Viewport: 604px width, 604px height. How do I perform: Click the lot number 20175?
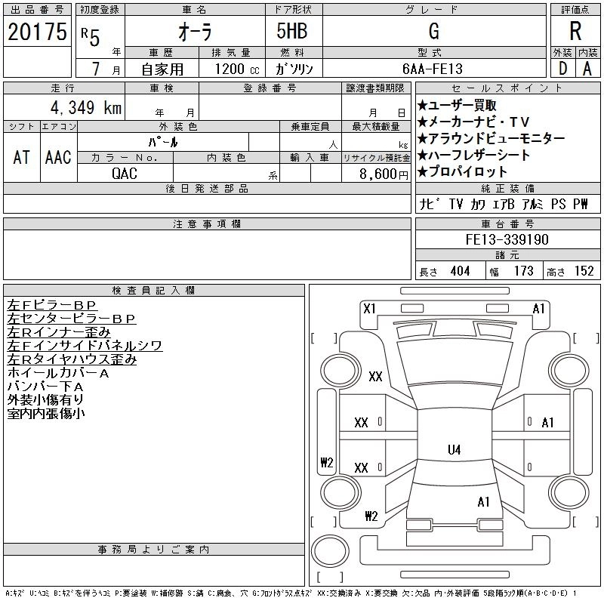click(x=37, y=32)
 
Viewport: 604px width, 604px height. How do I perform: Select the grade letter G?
click(x=433, y=31)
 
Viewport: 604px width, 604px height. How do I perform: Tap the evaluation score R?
click(x=575, y=31)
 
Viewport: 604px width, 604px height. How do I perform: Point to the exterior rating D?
click(x=562, y=69)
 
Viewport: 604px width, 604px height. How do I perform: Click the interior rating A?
click(x=587, y=69)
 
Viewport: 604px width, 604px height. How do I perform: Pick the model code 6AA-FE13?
click(x=432, y=69)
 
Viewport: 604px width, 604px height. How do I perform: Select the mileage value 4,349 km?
click(x=86, y=107)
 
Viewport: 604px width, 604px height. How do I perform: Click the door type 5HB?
click(x=292, y=31)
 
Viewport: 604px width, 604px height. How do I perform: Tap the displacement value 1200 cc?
click(x=237, y=69)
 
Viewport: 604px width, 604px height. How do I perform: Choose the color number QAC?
click(x=125, y=174)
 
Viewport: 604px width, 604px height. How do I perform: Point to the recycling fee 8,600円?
click(x=384, y=174)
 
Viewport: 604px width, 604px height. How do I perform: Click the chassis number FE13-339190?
click(x=507, y=239)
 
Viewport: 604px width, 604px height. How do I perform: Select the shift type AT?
click(x=21, y=157)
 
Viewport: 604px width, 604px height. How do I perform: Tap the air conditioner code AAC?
click(x=58, y=157)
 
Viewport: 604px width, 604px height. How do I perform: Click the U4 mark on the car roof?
click(x=455, y=449)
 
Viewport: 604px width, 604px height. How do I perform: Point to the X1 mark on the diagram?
click(x=369, y=309)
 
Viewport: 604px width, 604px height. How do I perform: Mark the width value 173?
click(x=523, y=271)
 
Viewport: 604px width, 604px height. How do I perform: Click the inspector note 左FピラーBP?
click(x=51, y=305)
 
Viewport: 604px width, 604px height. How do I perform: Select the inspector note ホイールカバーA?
click(x=58, y=373)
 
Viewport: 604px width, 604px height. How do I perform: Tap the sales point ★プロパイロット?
click(x=462, y=171)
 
